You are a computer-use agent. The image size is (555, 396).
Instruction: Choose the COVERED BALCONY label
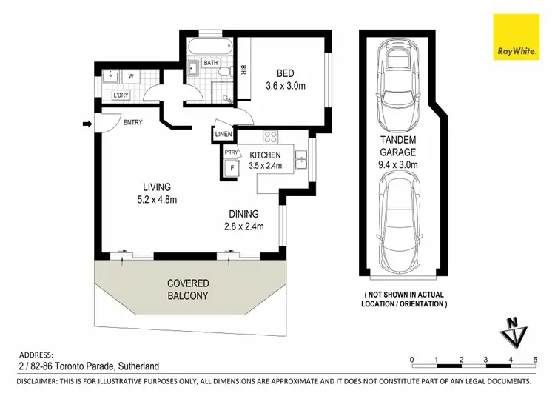point(188,289)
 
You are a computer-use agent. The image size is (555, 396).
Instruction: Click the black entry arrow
point(87,124)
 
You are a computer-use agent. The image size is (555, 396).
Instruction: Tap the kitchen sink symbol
point(302,157)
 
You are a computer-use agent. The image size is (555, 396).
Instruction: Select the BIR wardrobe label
point(243,70)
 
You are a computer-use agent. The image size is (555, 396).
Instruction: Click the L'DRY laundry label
point(121,95)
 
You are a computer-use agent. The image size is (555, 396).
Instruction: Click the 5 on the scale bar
point(534,359)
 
